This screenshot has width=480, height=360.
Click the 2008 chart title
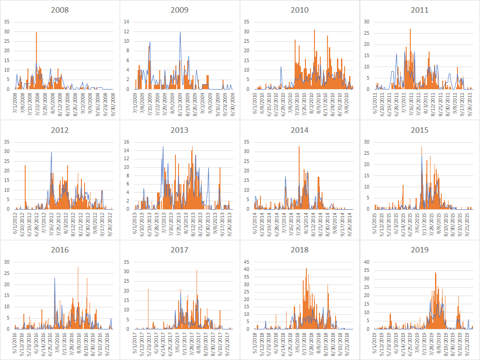point(60,10)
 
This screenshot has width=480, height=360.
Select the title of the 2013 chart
point(179,130)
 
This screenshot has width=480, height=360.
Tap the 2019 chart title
point(419,250)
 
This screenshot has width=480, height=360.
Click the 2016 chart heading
point(60,250)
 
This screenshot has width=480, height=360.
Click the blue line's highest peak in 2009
point(180,32)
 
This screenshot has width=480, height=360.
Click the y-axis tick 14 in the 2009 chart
point(126,22)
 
